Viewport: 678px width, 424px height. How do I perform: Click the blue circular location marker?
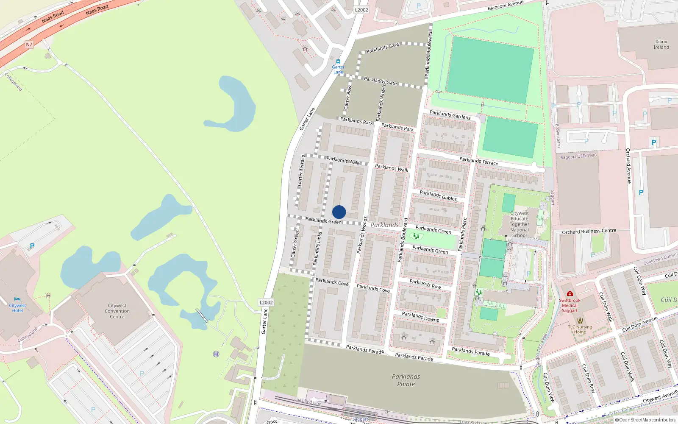coord(339,212)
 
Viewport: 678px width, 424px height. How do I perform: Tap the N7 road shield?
coord(29,45)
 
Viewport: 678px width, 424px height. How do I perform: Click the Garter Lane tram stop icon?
coord(338,61)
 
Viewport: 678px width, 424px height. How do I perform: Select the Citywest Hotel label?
coord(17,308)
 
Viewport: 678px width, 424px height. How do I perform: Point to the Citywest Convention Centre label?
coord(117,311)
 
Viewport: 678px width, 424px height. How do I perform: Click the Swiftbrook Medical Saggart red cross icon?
coord(570,293)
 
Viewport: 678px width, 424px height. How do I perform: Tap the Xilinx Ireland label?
coord(661,45)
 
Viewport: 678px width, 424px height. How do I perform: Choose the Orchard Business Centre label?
coord(589,232)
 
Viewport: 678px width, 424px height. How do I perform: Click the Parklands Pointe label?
coord(406,380)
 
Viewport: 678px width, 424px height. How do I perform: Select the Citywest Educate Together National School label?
coord(520,224)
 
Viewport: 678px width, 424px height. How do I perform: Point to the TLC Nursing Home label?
coord(580,329)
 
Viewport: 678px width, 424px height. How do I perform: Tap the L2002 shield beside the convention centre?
coord(266,302)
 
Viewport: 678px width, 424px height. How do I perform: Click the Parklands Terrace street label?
coord(479,161)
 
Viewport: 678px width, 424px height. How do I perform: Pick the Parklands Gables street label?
coord(438,195)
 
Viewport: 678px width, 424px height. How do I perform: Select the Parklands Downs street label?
coord(420,317)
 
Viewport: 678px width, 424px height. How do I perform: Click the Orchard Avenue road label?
coord(629,166)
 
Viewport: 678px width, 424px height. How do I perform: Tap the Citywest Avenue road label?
coord(660,397)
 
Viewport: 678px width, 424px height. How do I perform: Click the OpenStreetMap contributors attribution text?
coord(645,420)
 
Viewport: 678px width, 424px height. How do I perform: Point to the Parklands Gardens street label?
coord(450,114)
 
